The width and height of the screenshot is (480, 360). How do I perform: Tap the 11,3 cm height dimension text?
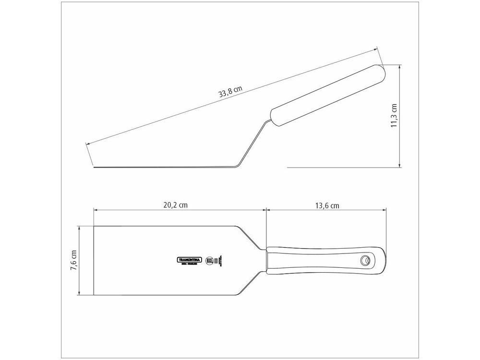coord(394,116)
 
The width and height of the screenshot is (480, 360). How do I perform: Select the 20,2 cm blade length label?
coord(175,205)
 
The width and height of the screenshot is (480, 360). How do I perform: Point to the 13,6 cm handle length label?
coord(327,205)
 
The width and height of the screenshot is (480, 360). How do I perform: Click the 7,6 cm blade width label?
coord(73,261)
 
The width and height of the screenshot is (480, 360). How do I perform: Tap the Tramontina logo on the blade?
coord(190,259)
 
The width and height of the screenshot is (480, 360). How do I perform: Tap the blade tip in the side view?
coord(95,167)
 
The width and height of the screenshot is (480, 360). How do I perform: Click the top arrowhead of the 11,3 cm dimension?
coord(400,66)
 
